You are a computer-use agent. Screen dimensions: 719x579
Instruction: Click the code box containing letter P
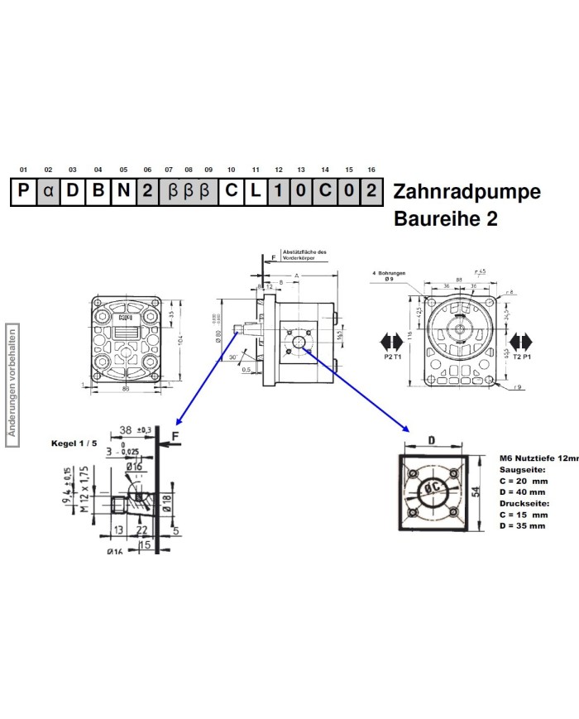tap(23, 192)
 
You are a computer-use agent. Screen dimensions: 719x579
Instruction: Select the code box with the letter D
tap(73, 192)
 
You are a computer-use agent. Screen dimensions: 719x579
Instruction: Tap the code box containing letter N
tap(123, 192)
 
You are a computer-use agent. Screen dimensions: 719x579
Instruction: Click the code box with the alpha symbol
tap(48, 192)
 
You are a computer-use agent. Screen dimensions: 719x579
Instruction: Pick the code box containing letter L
tap(256, 192)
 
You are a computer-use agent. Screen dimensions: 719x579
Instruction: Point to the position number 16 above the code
tap(372, 170)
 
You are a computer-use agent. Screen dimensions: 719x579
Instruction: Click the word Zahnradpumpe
tap(467, 192)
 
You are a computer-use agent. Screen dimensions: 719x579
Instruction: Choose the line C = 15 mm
tap(523, 514)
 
